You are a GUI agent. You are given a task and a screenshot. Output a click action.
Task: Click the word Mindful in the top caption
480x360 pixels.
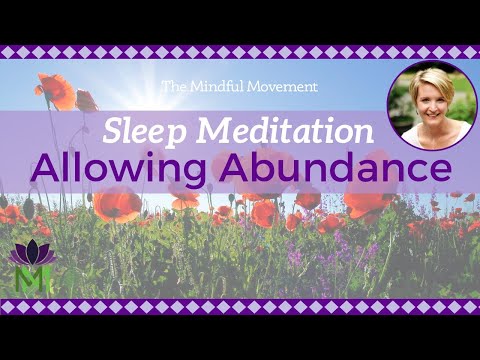[x=236, y=87]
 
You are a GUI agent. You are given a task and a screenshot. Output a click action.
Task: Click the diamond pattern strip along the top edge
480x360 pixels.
[x=240, y=52]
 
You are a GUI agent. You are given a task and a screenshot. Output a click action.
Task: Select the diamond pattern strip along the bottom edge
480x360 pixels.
[x=240, y=306]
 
